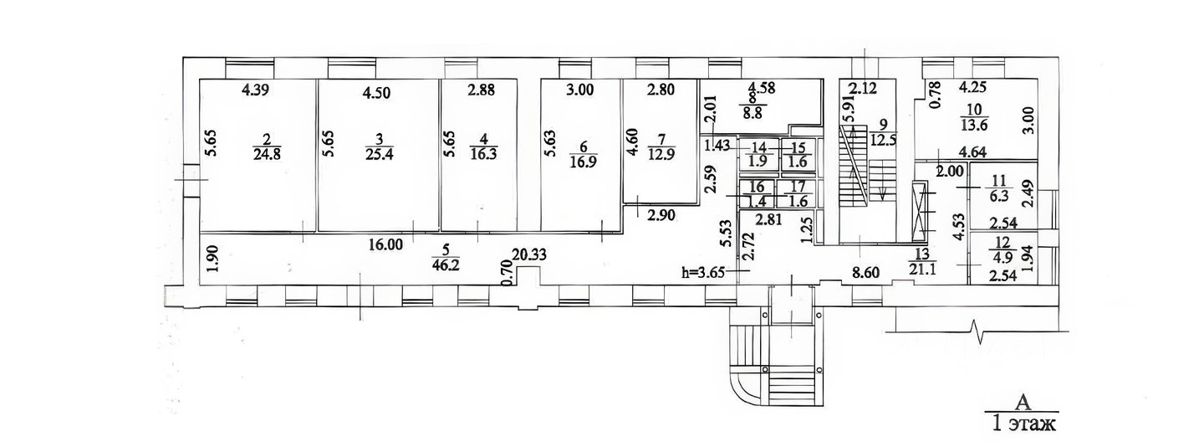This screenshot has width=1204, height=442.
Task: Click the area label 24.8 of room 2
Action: click(x=267, y=155)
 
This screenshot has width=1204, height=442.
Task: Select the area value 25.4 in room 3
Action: click(x=380, y=155)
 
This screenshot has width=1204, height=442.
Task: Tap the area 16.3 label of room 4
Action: click(x=483, y=155)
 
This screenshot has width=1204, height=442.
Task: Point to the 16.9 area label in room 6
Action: click(x=584, y=162)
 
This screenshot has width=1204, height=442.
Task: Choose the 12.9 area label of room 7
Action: click(x=661, y=154)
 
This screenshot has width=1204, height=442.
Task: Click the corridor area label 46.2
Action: click(x=446, y=265)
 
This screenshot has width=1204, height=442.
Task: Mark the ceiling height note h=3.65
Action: click(x=702, y=272)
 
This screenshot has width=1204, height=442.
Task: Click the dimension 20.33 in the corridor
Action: click(x=529, y=254)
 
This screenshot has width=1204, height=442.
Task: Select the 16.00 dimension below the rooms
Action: click(x=385, y=245)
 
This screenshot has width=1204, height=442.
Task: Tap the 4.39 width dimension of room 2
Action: click(x=255, y=90)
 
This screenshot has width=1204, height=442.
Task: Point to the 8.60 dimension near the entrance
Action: click(x=866, y=273)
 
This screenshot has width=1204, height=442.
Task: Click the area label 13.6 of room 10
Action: click(x=974, y=125)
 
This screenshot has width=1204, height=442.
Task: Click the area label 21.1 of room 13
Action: click(x=923, y=269)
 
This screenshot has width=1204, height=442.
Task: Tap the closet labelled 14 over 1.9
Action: click(x=758, y=155)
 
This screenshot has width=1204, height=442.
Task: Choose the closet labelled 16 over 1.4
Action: click(x=757, y=194)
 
